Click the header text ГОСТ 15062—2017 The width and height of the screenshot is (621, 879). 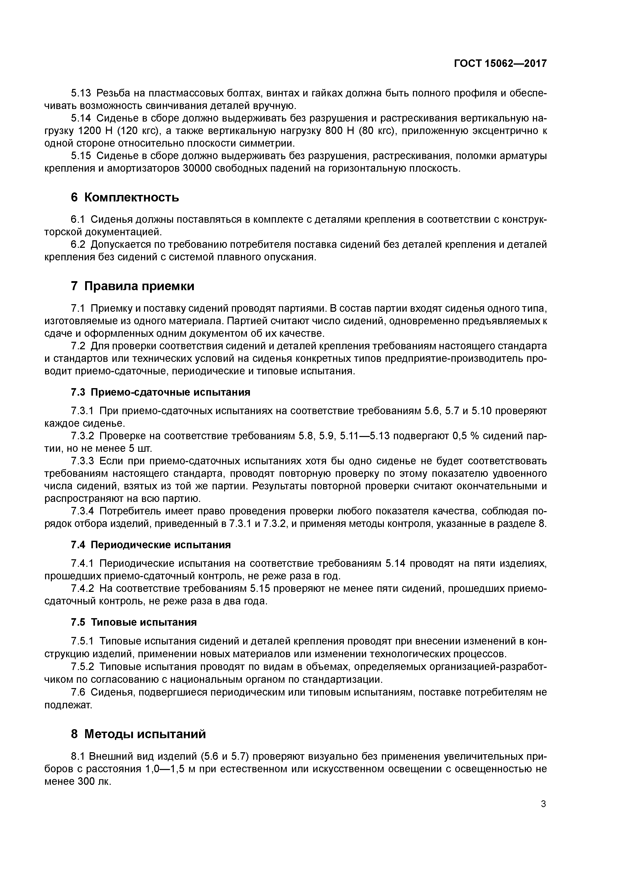pyautogui.click(x=500, y=64)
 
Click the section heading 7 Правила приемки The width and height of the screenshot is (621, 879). pyautogui.click(x=132, y=286)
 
